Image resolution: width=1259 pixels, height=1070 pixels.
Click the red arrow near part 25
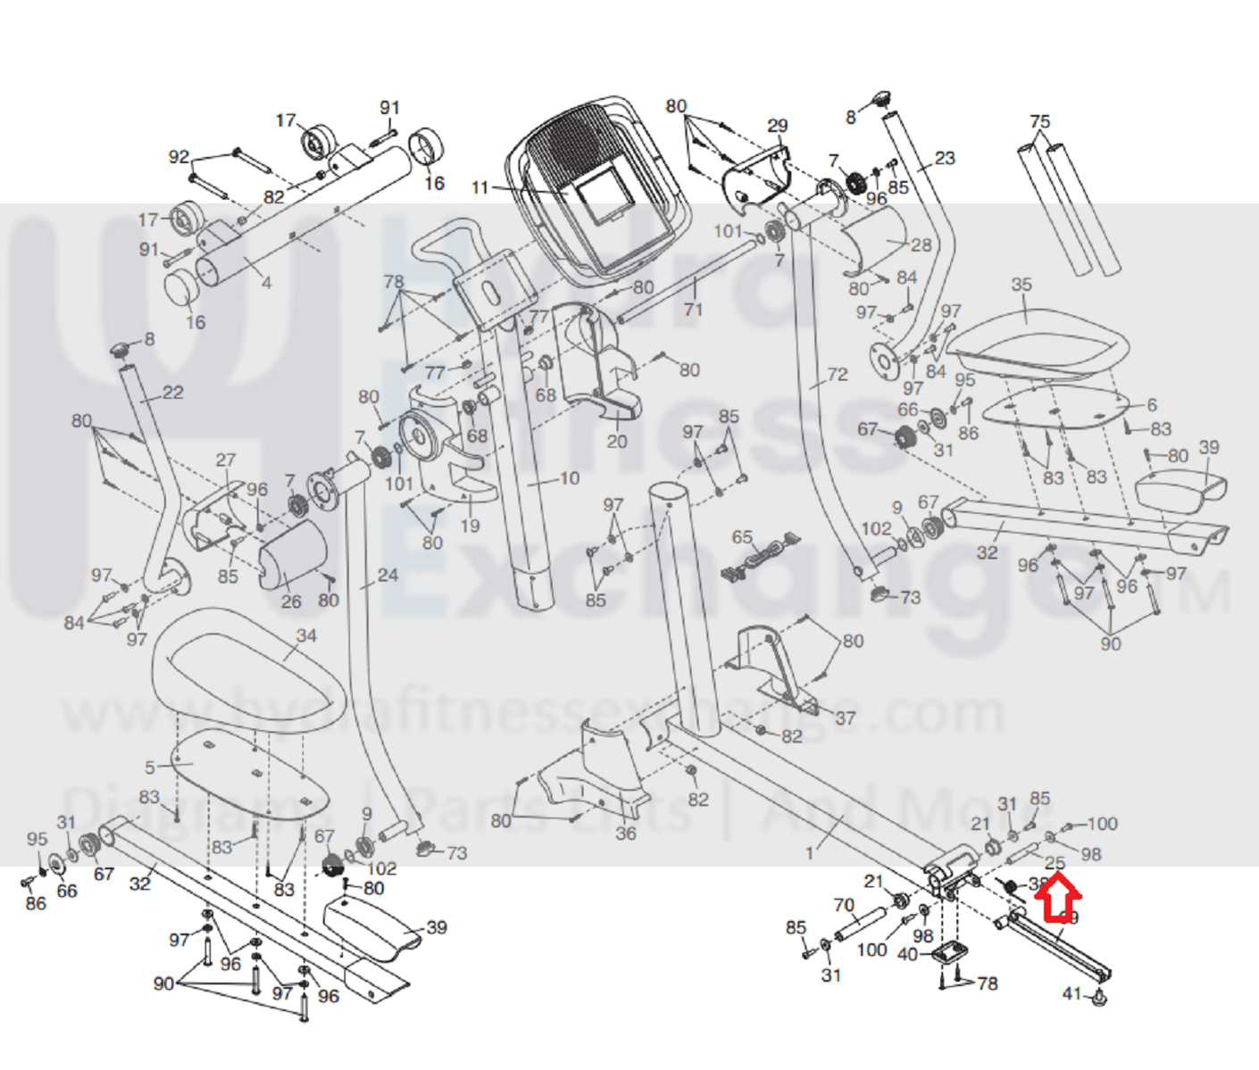1057,898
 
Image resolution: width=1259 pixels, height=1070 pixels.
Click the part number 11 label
480,188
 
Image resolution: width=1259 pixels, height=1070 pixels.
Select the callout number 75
1039,121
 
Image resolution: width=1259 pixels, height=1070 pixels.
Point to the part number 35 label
1021,285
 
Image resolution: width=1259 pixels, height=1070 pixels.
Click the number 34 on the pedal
306,635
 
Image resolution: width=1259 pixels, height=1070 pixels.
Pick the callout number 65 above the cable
742,537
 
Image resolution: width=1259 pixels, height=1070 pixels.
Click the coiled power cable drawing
760,557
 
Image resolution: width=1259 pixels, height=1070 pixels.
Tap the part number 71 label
693,310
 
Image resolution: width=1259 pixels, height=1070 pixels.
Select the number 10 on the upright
570,478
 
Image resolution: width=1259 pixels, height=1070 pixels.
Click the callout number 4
266,283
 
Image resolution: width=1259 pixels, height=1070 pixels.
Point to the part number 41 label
1071,993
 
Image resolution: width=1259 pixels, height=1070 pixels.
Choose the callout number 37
845,717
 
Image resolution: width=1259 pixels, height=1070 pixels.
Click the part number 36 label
626,834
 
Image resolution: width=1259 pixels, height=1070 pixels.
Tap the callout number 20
617,441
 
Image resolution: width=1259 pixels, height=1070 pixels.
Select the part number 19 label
470,526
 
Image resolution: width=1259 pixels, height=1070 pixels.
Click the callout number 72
837,375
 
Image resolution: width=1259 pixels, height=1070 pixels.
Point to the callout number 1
810,854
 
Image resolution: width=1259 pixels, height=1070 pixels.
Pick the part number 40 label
907,955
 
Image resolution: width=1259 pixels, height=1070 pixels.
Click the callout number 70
844,905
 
